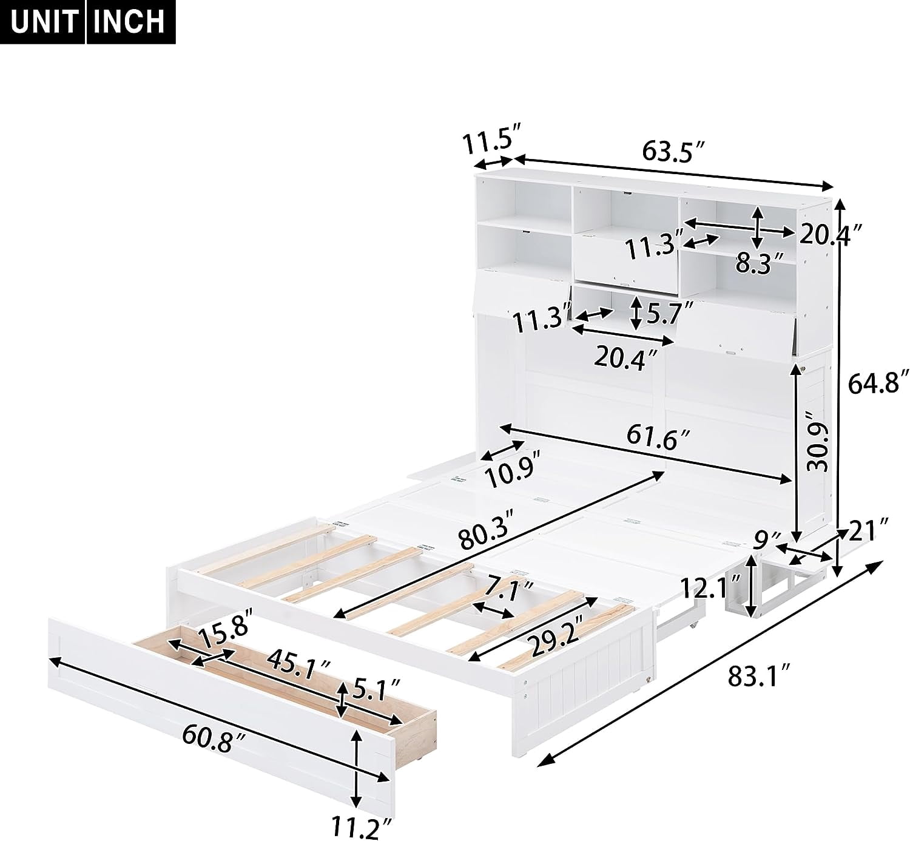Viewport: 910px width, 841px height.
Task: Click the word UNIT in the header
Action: click(44, 21)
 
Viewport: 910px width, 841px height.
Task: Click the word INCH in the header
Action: click(129, 21)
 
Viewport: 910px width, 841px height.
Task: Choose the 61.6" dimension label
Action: click(658, 437)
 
